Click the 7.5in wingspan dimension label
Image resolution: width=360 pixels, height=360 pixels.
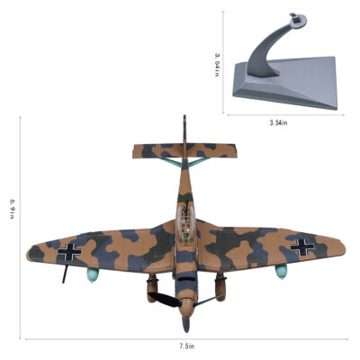pos(187,346)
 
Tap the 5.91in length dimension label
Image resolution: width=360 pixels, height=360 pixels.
pos(13,208)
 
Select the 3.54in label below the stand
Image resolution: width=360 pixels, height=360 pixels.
pos(278,122)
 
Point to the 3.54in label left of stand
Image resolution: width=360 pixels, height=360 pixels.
pos(218,65)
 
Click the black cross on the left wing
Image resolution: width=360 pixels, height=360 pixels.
pos(69,251)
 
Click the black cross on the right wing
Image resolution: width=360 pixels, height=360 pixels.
pos(301,247)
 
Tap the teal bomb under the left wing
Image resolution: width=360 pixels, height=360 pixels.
pos(93,274)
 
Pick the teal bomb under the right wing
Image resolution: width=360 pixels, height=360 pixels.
pos(281,272)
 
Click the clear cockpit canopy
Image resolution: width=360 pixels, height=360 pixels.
pos(185,224)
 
